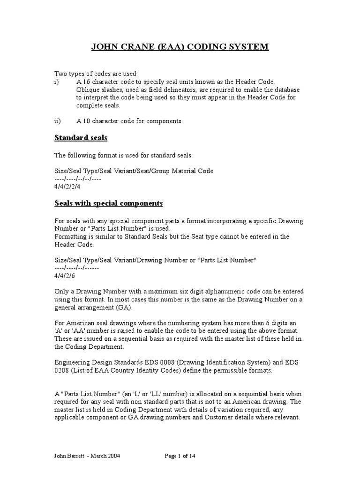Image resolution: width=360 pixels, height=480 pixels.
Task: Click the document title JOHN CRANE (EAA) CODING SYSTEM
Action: click(180, 46)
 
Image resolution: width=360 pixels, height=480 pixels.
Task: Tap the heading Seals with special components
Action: click(108, 203)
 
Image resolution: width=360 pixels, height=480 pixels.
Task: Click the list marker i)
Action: click(57, 81)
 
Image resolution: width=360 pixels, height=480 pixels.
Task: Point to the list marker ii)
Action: click(58, 121)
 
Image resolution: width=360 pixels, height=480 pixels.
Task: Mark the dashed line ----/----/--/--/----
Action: click(78, 179)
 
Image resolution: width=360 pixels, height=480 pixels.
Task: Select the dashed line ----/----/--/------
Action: click(77, 268)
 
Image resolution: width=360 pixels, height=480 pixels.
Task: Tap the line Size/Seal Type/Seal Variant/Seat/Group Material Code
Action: click(134, 171)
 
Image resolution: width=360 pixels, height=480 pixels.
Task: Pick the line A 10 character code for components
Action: click(129, 121)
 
